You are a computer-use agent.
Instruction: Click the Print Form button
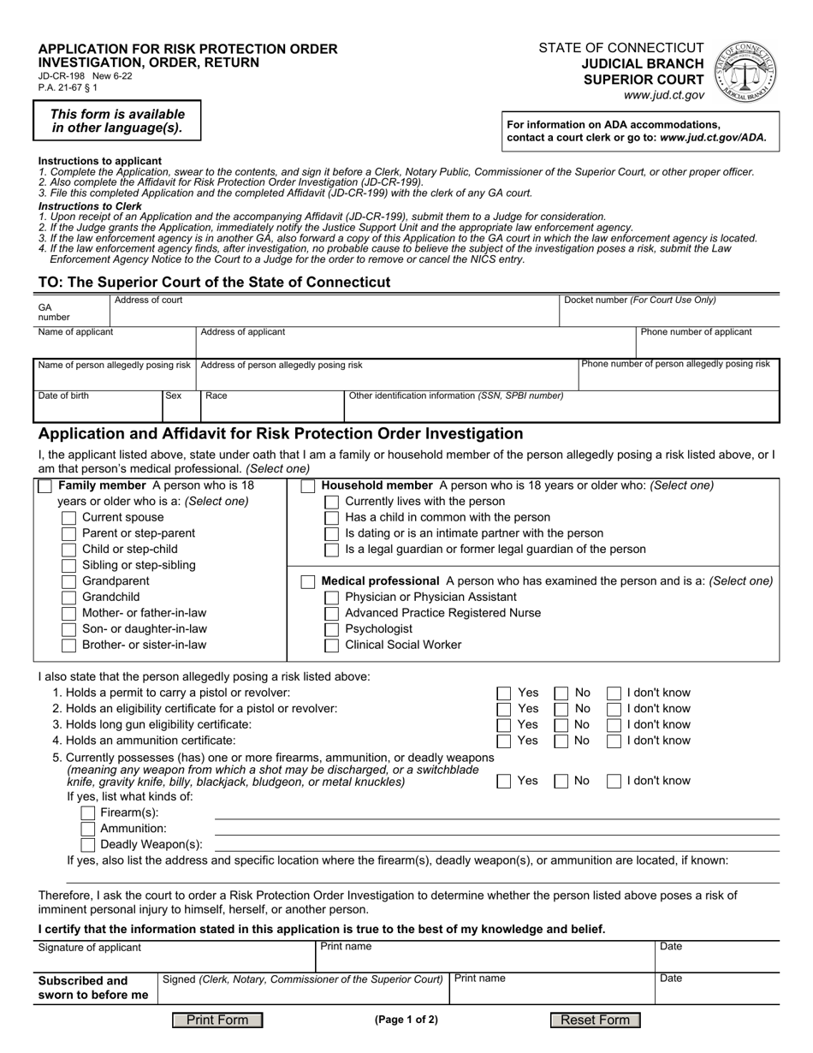(217, 1020)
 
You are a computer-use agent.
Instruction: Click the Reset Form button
(595, 1020)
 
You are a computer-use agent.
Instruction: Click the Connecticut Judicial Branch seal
(746, 73)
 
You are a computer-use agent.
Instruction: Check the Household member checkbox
(308, 486)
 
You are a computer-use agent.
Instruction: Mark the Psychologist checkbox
(332, 629)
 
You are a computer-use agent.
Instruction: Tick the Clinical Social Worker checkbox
(332, 645)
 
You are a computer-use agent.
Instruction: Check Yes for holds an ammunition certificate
(505, 741)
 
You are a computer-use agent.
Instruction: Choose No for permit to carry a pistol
(561, 693)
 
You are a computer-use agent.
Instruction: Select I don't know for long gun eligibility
(614, 725)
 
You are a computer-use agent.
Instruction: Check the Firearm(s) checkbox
(87, 812)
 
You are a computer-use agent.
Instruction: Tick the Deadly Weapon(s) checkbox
(87, 845)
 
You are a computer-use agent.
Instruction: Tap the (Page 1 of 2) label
(406, 1020)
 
